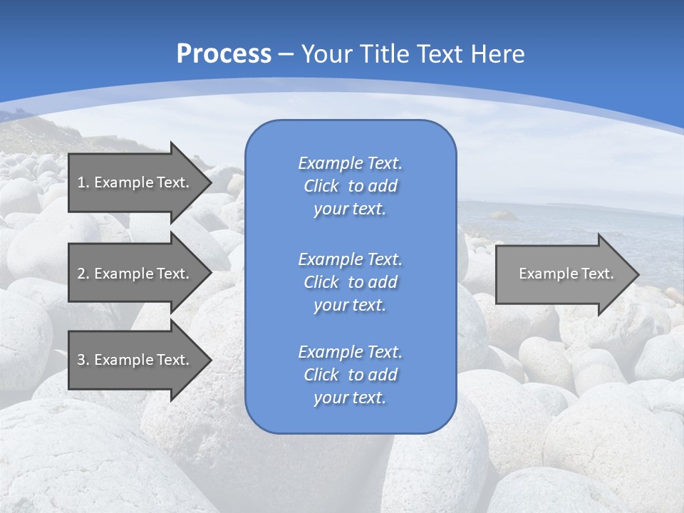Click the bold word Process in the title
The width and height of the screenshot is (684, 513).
pyautogui.click(x=224, y=54)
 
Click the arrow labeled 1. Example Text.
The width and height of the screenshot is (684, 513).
pyautogui.click(x=135, y=182)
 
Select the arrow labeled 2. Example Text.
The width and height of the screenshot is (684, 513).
pyautogui.click(x=135, y=274)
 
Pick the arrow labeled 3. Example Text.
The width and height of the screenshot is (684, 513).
pyautogui.click(x=135, y=360)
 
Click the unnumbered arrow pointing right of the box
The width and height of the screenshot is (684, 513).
pyautogui.click(x=563, y=274)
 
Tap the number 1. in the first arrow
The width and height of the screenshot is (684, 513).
pyautogui.click(x=83, y=182)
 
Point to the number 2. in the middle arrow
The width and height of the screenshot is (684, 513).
pyautogui.click(x=83, y=274)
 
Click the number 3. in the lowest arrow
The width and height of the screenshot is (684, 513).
pyautogui.click(x=83, y=360)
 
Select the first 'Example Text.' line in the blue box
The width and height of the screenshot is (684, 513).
pyautogui.click(x=350, y=163)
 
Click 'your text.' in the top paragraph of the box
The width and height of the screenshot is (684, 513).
pyautogui.click(x=349, y=209)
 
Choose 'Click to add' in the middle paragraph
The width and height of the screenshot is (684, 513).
pyautogui.click(x=350, y=282)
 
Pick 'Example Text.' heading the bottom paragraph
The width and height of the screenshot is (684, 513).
pyautogui.click(x=350, y=352)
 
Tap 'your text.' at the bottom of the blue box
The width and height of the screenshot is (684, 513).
pyautogui.click(x=349, y=398)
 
